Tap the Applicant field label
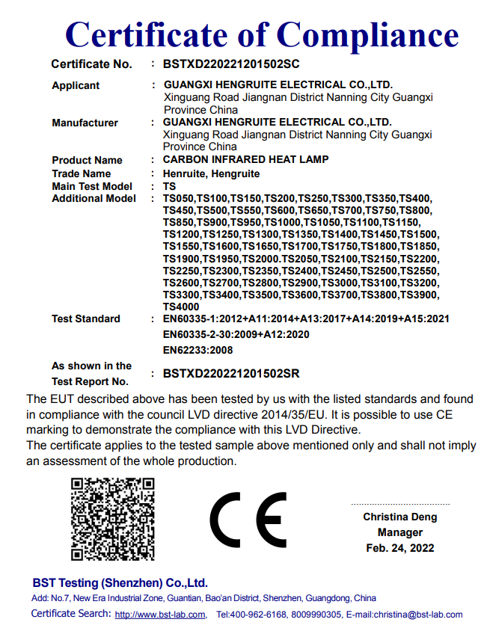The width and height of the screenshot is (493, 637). coord(76,86)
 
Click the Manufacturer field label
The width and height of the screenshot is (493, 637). coord(85,123)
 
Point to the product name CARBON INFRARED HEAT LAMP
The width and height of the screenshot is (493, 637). coord(245,160)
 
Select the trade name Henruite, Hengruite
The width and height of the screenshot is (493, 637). coord(211,173)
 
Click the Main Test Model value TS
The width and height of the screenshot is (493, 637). coord(169,186)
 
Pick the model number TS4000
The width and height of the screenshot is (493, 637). coord(181,307)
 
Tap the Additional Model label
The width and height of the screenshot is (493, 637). coord(94,199)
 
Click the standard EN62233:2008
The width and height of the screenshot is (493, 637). coord(197,350)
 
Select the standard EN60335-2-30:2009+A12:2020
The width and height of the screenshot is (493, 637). coord(236,334)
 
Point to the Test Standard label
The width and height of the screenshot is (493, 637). coord(85,319)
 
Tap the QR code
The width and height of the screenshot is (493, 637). coord(113,520)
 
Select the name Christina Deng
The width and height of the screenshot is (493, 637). coord(399,517)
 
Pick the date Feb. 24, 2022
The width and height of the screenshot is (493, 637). coord(399,548)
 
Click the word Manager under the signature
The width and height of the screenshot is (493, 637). coord(399,532)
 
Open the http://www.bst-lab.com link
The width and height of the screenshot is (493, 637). coord(160,615)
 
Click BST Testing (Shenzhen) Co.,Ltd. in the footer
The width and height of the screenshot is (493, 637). coord(120,583)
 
